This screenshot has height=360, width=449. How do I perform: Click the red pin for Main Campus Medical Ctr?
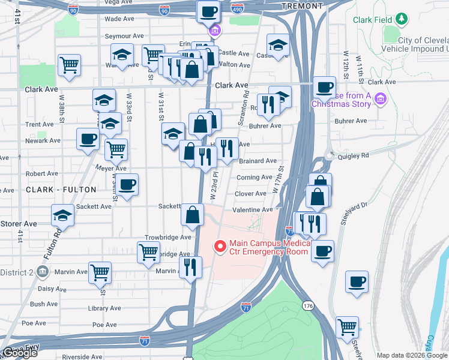tap(220, 246)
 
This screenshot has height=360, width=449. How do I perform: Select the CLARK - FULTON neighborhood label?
tap(61, 190)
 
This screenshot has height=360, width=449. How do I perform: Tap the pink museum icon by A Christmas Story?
tap(379, 98)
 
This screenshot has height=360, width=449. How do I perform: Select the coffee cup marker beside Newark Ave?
tap(88, 140)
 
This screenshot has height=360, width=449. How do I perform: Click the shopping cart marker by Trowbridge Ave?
tap(148, 252)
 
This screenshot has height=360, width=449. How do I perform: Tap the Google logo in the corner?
tap(20, 353)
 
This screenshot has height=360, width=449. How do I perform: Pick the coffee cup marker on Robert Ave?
tap(127, 185)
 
